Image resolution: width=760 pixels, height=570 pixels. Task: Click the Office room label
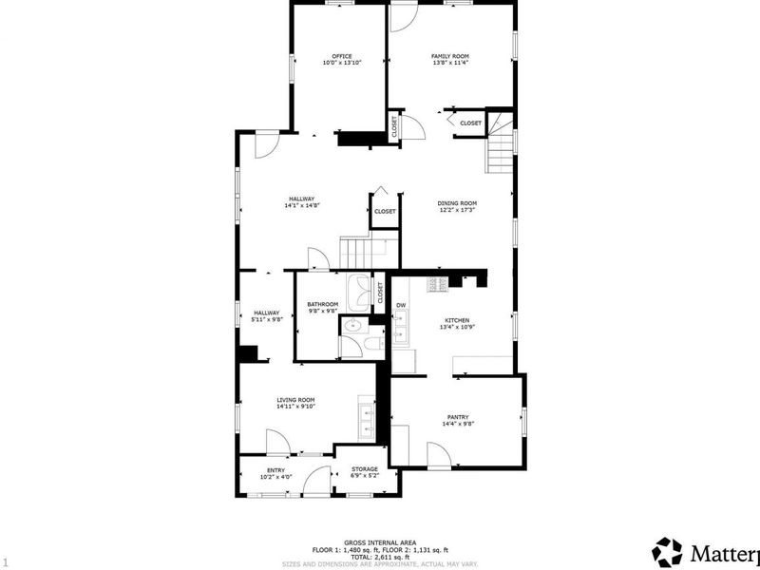point(341,56)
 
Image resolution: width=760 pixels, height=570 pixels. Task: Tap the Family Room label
point(450,56)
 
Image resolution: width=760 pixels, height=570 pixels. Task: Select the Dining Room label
point(457,202)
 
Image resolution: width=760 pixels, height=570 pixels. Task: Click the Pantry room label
point(458,417)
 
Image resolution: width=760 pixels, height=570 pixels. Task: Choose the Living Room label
point(295,400)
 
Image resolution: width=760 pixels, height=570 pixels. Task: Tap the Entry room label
point(275,469)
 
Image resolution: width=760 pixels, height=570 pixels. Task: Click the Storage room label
point(365,469)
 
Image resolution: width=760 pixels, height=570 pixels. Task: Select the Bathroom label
point(322,304)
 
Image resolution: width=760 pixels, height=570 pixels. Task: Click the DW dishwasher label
point(401,305)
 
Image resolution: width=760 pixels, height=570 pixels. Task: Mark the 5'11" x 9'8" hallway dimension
point(266,319)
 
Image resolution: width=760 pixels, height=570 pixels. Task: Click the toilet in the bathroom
point(372,342)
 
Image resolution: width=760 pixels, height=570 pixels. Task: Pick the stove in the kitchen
point(437,283)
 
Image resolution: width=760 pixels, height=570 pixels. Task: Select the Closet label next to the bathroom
point(380,294)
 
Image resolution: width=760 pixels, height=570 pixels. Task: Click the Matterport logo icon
point(668,552)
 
